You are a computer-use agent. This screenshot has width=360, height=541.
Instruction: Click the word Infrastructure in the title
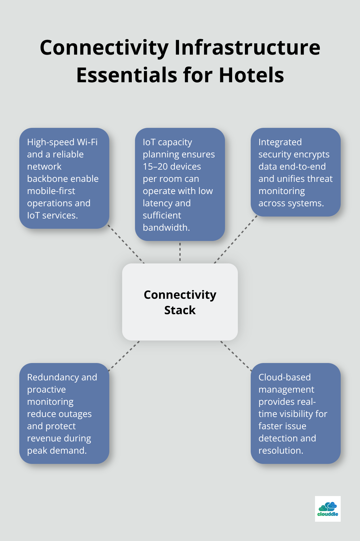pyautogui.click(x=247, y=48)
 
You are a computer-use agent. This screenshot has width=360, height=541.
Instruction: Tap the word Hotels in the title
pyautogui.click(x=251, y=75)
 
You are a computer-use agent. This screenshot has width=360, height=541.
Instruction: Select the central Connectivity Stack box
pyautogui.click(x=180, y=302)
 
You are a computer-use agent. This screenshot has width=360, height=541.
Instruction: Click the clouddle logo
pyautogui.click(x=328, y=509)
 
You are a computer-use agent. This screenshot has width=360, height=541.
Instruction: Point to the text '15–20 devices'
pyautogui.click(x=172, y=166)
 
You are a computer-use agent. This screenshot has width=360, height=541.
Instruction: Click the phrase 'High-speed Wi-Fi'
pyautogui.click(x=62, y=142)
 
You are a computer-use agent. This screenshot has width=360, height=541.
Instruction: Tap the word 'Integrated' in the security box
pyautogui.click(x=280, y=142)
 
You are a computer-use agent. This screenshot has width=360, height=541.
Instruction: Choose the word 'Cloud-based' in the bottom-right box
pyautogui.click(x=284, y=377)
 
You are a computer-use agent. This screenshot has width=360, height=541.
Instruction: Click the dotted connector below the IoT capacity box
pyautogui.click(x=180, y=252)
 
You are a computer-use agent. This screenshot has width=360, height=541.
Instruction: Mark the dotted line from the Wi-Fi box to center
pyautogui.click(x=126, y=244)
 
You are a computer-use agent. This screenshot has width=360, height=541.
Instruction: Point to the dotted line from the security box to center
pyautogui.click(x=236, y=239)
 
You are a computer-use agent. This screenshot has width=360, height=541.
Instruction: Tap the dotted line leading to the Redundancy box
pyautogui.click(x=124, y=356)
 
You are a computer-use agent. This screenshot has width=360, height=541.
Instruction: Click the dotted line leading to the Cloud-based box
pyautogui.click(x=236, y=356)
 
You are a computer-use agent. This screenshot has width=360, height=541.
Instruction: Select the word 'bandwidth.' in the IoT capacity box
pyautogui.click(x=166, y=227)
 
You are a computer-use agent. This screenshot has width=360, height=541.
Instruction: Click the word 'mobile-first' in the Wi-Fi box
pyautogui.click(x=51, y=191)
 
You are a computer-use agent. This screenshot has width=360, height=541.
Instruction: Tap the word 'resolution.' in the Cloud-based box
pyautogui.click(x=281, y=450)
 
